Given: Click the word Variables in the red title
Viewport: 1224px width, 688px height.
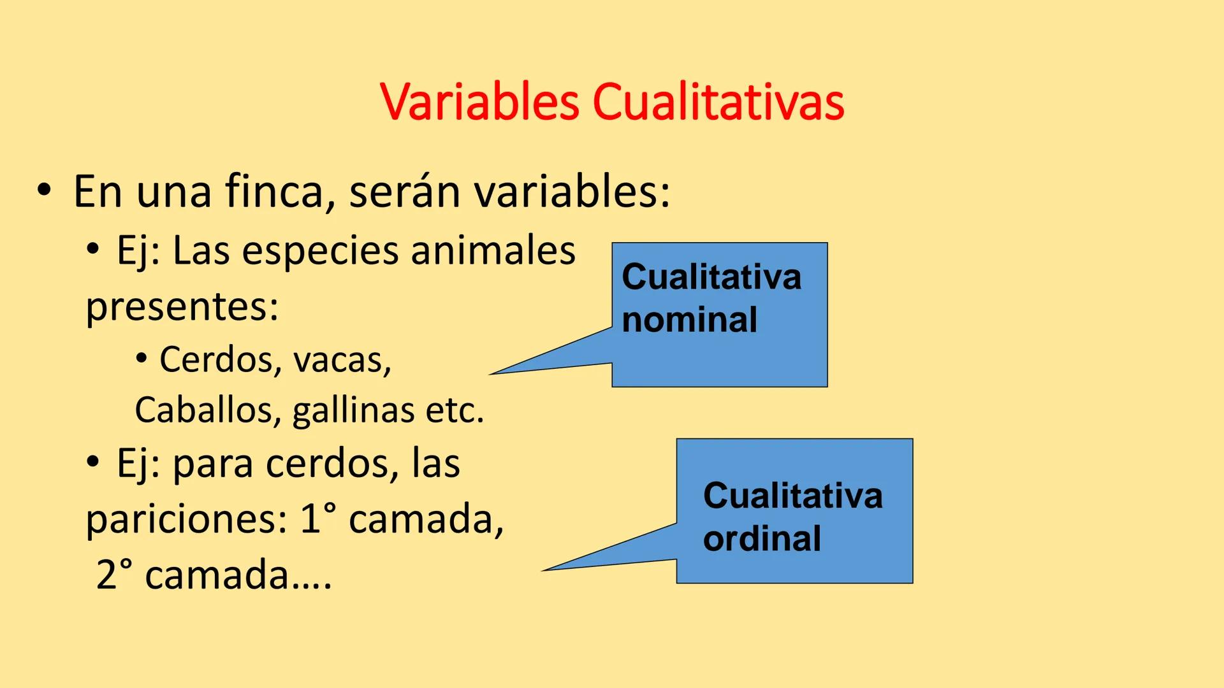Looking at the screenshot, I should coord(479,102).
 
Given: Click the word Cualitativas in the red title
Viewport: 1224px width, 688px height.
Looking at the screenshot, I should coord(718,102).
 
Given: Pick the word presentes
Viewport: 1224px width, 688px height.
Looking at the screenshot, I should coord(182,307).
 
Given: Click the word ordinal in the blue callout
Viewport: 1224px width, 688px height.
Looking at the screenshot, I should coord(762,539).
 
